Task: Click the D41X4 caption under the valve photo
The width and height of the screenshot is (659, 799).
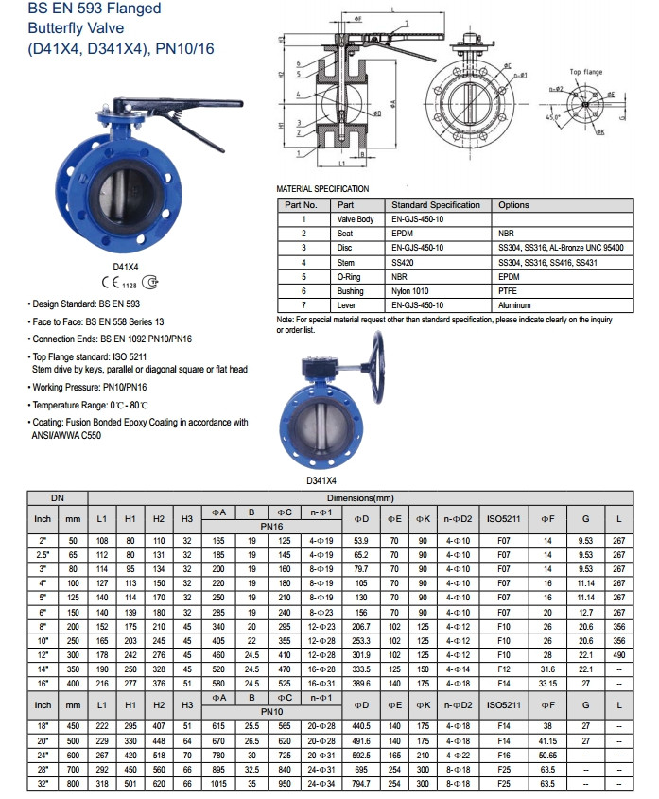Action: click(x=127, y=268)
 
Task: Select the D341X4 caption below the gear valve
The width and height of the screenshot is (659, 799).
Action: click(x=321, y=480)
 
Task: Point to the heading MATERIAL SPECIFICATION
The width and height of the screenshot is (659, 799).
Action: click(x=322, y=189)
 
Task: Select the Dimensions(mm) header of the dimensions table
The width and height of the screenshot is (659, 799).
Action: click(x=360, y=497)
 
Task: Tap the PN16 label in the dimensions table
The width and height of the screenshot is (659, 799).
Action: click(x=272, y=526)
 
